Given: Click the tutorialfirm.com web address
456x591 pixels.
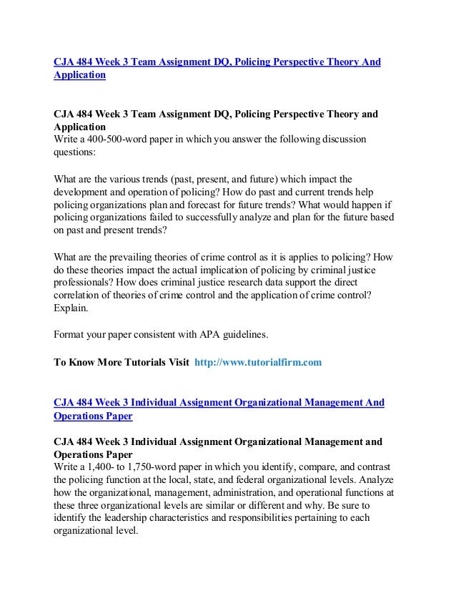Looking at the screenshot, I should pyautogui.click(x=262, y=363).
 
